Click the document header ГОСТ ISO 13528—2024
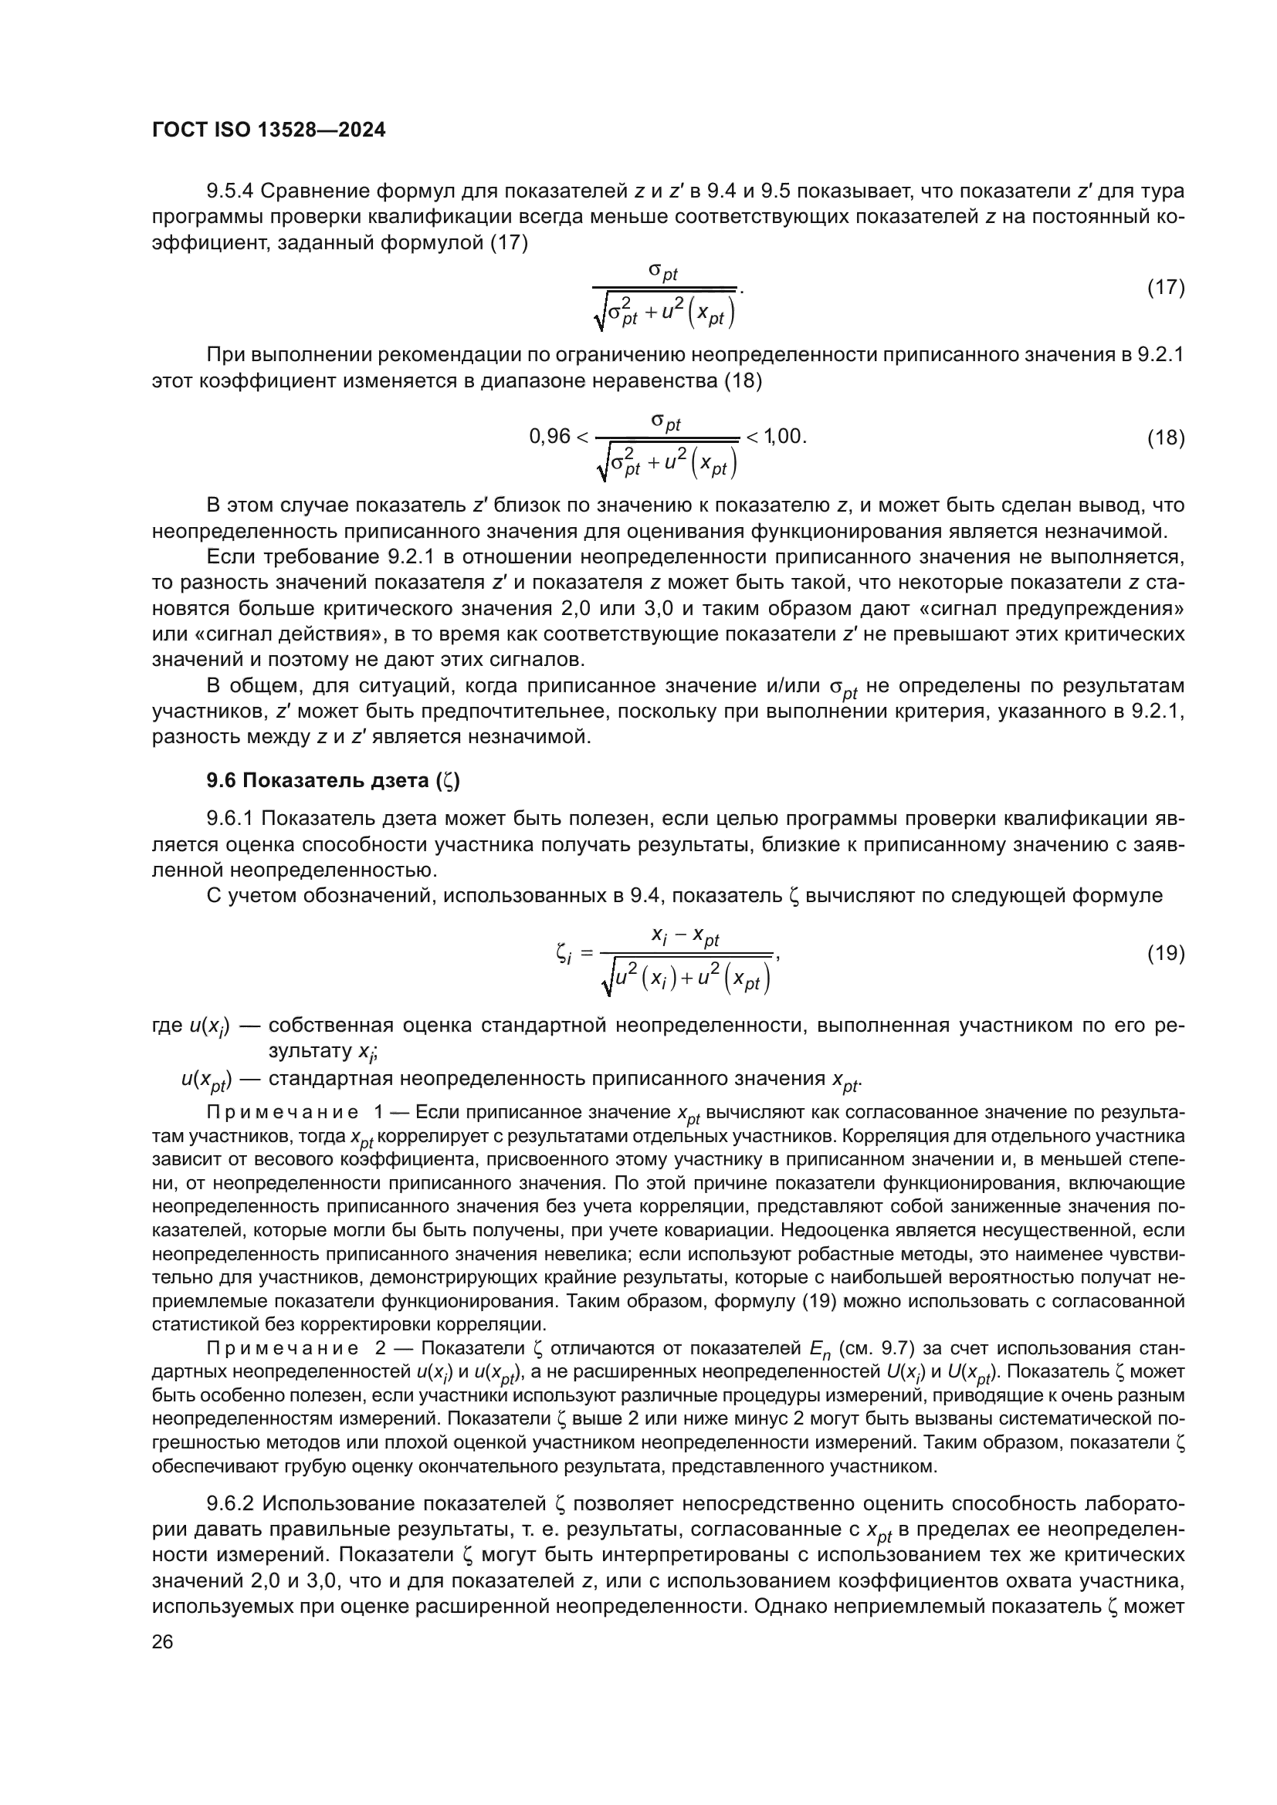tap(268, 130)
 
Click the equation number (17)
tap(1165, 288)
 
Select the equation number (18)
tap(1165, 438)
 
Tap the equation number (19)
tap(1165, 953)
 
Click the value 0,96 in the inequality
tap(550, 437)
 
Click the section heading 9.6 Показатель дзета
tap(334, 780)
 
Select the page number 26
tap(162, 1641)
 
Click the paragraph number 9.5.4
tap(229, 191)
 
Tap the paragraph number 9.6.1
tap(229, 818)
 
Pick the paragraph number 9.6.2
tap(229, 1504)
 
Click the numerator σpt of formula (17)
tap(663, 272)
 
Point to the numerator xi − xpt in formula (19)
tap(685, 936)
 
